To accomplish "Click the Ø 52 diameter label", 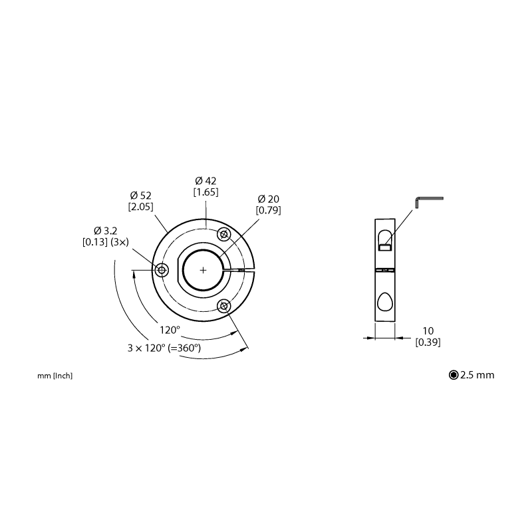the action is [x=140, y=196].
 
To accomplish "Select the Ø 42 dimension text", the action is [x=205, y=180].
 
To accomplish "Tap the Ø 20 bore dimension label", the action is [x=269, y=199].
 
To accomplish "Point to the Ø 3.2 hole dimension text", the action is [x=106, y=231].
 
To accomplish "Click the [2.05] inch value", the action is [x=140, y=207].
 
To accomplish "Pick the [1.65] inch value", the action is [x=205, y=192].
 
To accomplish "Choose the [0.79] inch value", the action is [x=269, y=210].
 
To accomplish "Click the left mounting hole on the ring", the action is [x=162, y=270].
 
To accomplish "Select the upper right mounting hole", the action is [x=224, y=235].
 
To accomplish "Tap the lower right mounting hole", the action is [x=224, y=306].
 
